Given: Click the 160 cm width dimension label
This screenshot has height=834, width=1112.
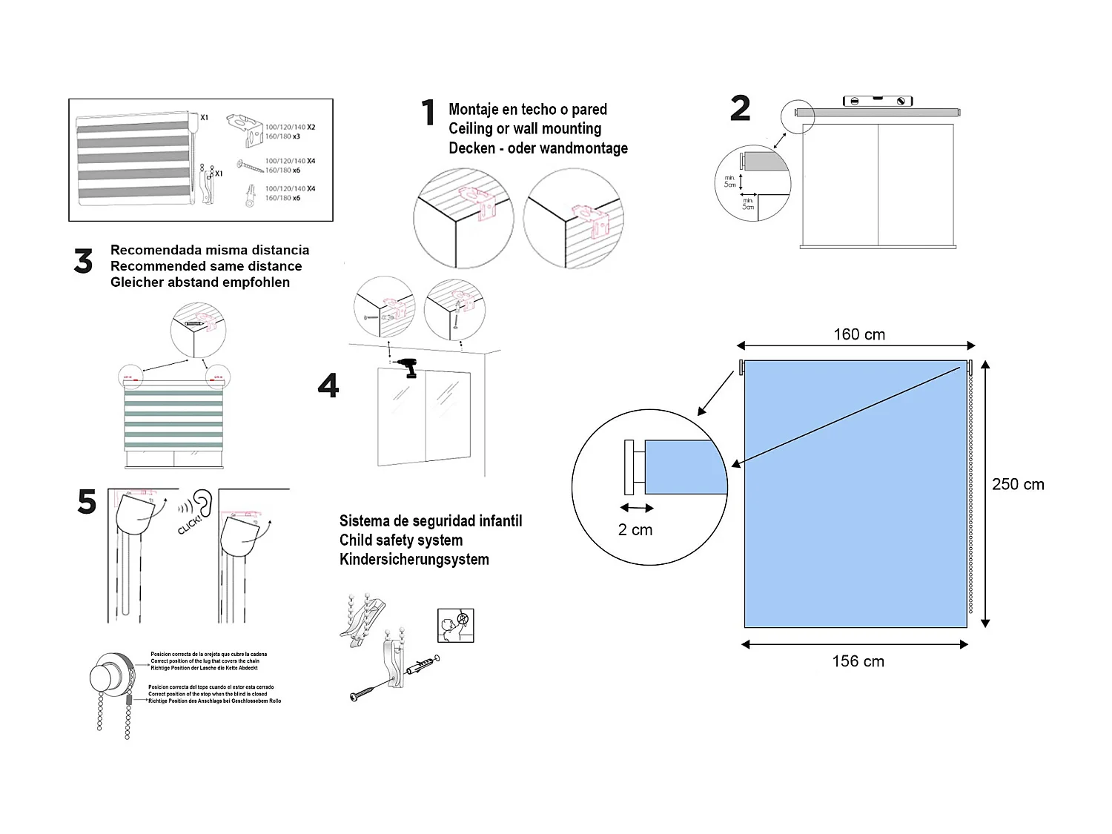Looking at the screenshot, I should click(858, 334).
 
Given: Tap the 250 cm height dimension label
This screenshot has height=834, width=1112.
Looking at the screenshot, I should click(1017, 484).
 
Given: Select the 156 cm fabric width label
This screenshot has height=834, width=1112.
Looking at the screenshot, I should click(858, 661).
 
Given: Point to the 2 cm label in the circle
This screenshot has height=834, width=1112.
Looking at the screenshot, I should click(635, 530).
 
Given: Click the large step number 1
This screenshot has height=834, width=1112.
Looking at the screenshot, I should click(428, 113).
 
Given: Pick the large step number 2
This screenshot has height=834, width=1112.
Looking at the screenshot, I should click(740, 109).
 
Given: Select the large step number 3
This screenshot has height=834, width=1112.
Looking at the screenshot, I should click(83, 262).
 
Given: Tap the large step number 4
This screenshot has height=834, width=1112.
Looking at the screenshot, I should click(328, 385).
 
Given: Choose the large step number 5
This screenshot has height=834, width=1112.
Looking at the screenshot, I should click(87, 502).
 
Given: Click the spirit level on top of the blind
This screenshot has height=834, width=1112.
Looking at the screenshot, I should click(878, 101).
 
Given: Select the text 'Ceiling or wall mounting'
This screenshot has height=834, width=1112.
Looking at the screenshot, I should click(525, 128).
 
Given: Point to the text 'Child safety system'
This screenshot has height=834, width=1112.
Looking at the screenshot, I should click(401, 540).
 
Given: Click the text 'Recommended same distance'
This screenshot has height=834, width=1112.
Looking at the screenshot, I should click(206, 266).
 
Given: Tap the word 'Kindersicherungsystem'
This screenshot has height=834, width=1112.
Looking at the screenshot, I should click(414, 560).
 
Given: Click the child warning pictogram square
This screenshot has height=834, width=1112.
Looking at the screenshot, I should click(455, 626).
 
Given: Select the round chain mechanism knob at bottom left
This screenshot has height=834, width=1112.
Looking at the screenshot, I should click(105, 675).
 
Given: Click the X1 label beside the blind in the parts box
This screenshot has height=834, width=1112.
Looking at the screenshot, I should click(205, 117).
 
